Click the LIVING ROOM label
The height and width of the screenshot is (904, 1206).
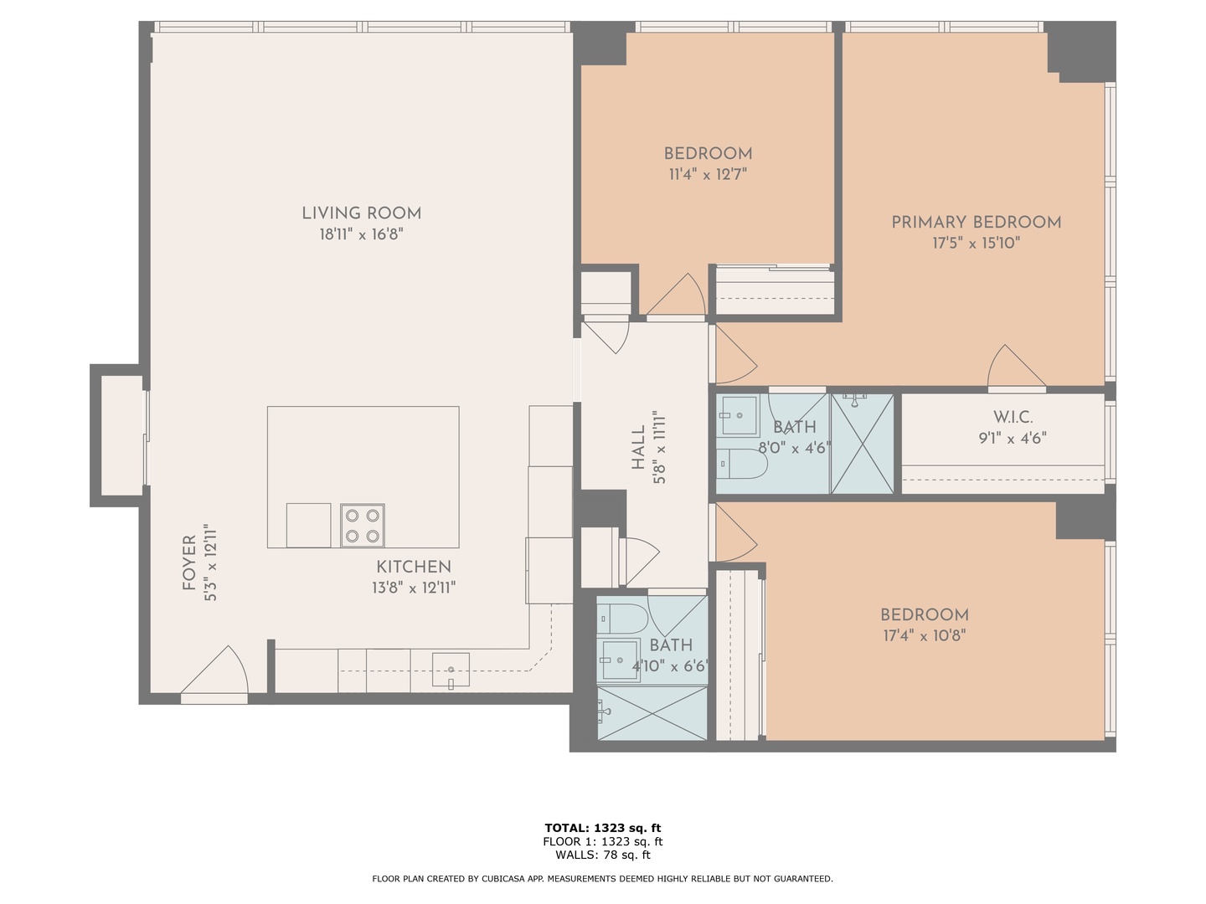pos(361,213)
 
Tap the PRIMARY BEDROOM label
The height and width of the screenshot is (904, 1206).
pos(976,223)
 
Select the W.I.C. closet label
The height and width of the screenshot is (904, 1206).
pos(1013,418)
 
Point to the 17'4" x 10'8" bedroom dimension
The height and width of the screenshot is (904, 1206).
pos(925,635)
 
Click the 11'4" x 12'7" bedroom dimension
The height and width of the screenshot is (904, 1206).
pos(708,175)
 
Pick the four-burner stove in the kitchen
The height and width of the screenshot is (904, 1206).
pos(363,526)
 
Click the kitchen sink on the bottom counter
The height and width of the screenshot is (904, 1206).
pos(451,670)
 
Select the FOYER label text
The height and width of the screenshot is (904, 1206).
pos(189,562)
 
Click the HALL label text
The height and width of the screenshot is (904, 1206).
pos(639,447)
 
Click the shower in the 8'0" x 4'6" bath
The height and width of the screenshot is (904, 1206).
pos(862,444)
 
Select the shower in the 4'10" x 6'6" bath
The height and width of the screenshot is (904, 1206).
pos(652,712)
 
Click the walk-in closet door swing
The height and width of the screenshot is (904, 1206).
pos(1015,370)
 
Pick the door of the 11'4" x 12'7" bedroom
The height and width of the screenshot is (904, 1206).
pos(677,298)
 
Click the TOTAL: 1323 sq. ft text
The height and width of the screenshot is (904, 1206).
pos(602,829)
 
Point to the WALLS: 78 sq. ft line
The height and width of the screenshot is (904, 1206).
pos(602,855)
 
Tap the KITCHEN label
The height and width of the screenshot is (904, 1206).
pos(413,567)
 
